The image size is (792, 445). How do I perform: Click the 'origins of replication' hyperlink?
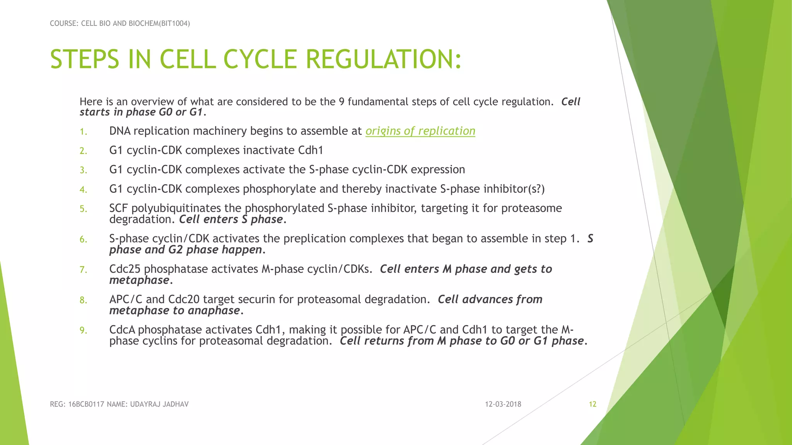tap(420, 131)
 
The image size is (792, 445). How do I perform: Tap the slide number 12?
tap(592, 404)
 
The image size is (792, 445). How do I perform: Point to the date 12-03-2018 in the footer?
tap(503, 404)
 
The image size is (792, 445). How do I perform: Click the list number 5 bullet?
tap(84, 209)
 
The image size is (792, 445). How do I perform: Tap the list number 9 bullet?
tap(84, 331)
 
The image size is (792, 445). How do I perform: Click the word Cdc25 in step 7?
tap(125, 269)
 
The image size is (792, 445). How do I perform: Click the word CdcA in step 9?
tap(122, 330)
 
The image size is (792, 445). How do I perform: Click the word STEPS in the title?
tap(84, 60)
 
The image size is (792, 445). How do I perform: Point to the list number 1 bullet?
tap(84, 132)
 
